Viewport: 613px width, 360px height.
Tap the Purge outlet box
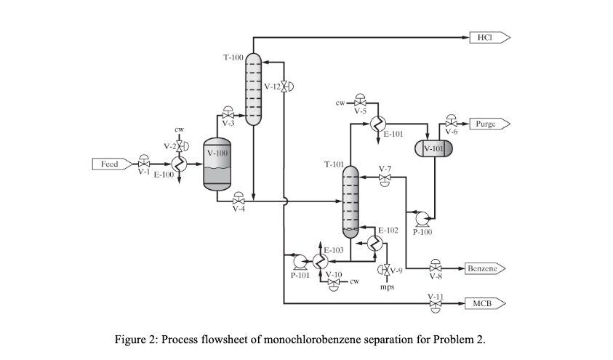(x=489, y=124)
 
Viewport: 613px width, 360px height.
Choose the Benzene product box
(x=484, y=268)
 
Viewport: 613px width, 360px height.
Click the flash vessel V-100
(x=217, y=164)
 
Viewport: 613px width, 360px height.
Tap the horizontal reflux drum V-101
(x=433, y=148)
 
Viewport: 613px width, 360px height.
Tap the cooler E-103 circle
(x=320, y=260)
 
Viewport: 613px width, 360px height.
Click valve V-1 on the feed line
(x=143, y=164)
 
